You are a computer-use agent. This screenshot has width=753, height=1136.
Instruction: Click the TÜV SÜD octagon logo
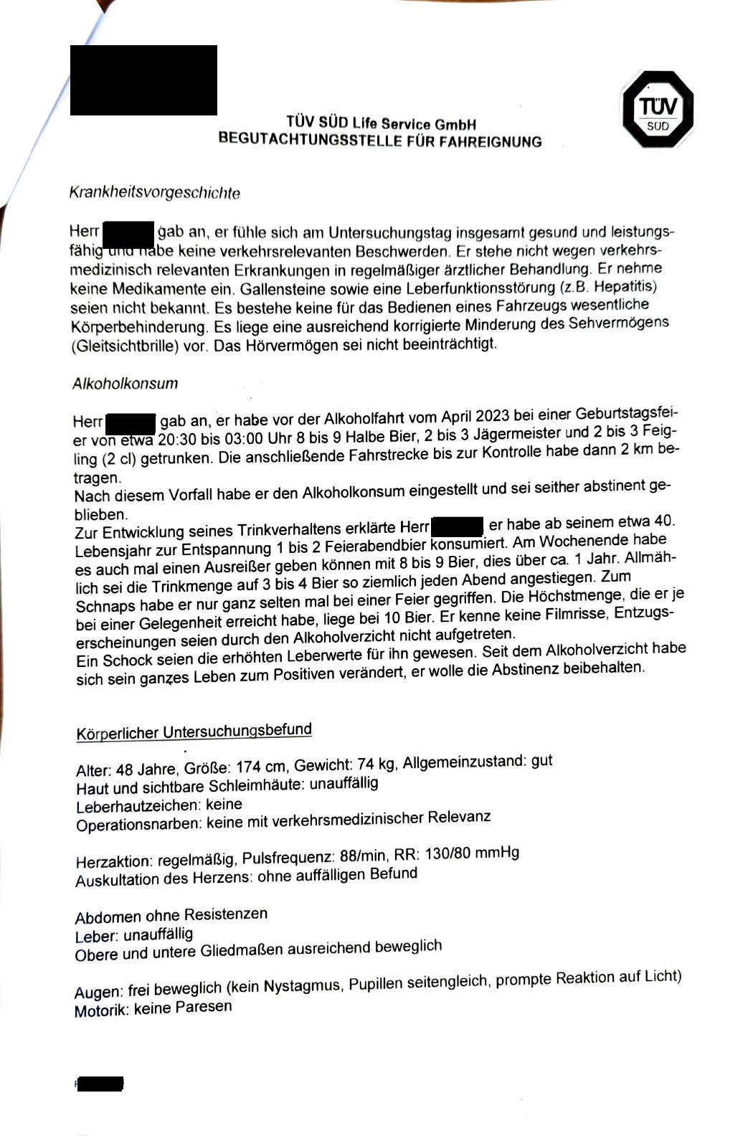coord(657,109)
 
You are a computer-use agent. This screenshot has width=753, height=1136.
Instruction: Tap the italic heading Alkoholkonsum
coord(125,383)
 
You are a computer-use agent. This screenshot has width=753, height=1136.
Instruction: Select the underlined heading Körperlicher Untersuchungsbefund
coord(194,732)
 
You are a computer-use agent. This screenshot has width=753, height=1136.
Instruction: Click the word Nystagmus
coord(302,985)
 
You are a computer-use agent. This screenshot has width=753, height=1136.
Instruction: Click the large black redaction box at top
coord(143,80)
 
